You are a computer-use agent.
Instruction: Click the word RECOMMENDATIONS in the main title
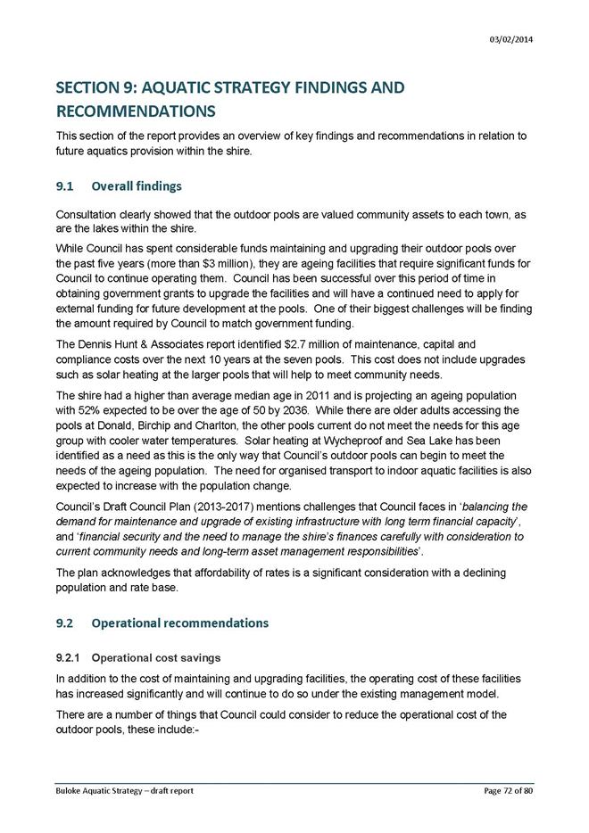(x=136, y=113)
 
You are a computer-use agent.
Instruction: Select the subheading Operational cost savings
(x=156, y=658)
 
